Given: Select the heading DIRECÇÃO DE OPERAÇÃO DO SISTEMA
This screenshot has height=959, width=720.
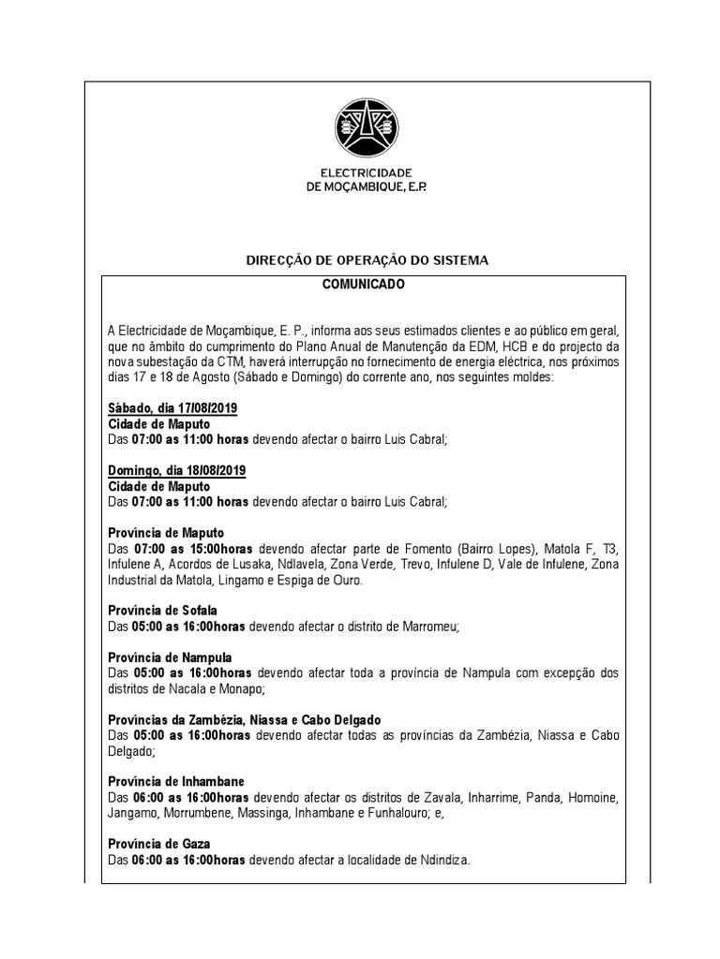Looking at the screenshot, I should point(367,259).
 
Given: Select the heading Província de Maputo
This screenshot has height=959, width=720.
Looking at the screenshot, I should point(166,532).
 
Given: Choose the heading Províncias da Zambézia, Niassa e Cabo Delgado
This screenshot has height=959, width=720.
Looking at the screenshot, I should point(245,719).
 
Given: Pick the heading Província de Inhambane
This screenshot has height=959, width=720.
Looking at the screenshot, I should point(175,781).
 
